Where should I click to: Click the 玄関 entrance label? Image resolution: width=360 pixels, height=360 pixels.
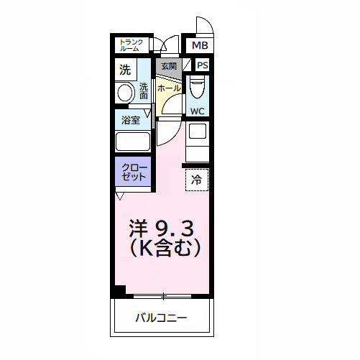pyautogui.click(x=168, y=66)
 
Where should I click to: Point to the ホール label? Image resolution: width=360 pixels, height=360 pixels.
pyautogui.click(x=169, y=87)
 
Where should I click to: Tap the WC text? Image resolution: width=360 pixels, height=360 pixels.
pyautogui.click(x=197, y=111)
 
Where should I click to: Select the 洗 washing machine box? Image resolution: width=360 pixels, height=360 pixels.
pyautogui.click(x=125, y=70)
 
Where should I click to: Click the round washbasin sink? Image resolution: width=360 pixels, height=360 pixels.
pyautogui.click(x=125, y=93)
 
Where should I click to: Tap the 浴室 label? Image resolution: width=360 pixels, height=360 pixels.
pyautogui.click(x=130, y=120)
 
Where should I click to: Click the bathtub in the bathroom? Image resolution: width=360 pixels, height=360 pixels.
pyautogui.click(x=132, y=141)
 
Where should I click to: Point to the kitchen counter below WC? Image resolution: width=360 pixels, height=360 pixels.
pyautogui.click(x=197, y=141)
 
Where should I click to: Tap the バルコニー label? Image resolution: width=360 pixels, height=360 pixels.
pyautogui.click(x=161, y=318)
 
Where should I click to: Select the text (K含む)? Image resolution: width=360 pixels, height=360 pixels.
pyautogui.click(x=162, y=249)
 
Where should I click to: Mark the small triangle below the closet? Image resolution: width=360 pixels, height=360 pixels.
pyautogui.click(x=119, y=195)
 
